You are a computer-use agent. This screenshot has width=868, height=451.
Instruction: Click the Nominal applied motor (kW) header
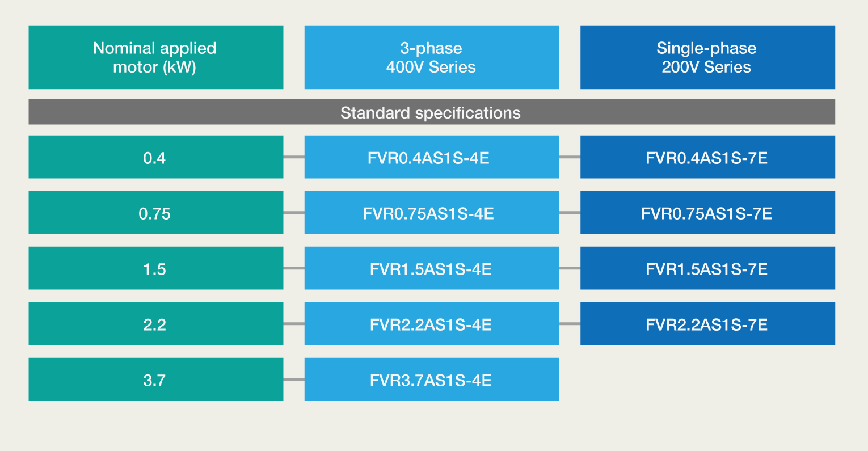tap(156, 57)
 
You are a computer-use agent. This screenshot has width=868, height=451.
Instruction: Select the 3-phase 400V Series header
tap(432, 57)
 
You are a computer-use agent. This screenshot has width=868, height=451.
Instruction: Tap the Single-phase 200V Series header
tap(707, 57)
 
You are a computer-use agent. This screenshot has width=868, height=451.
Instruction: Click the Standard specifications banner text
tap(431, 113)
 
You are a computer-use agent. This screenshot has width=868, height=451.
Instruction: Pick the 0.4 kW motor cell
tap(156, 157)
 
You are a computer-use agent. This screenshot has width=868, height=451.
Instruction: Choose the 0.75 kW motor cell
tap(156, 212)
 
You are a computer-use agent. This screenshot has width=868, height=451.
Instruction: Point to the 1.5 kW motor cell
tap(156, 268)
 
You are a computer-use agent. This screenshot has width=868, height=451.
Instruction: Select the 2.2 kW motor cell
tap(156, 323)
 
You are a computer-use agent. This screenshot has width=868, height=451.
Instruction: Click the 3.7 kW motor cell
tap(156, 380)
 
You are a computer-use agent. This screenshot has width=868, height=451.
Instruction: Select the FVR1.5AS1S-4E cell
tap(432, 268)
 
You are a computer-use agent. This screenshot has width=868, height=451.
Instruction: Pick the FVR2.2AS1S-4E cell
tap(432, 323)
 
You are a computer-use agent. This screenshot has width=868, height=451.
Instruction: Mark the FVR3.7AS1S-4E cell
tap(432, 380)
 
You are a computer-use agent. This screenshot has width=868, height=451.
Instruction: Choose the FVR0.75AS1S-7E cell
tap(707, 212)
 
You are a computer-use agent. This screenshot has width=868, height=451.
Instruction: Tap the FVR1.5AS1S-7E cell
tap(707, 268)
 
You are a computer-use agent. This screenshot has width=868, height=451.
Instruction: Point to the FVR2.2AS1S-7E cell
tap(707, 323)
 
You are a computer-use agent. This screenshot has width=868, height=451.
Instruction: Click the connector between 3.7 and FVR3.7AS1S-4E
tap(294, 380)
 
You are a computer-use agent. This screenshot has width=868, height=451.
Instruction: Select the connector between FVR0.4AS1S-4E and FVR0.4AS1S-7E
tap(570, 157)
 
